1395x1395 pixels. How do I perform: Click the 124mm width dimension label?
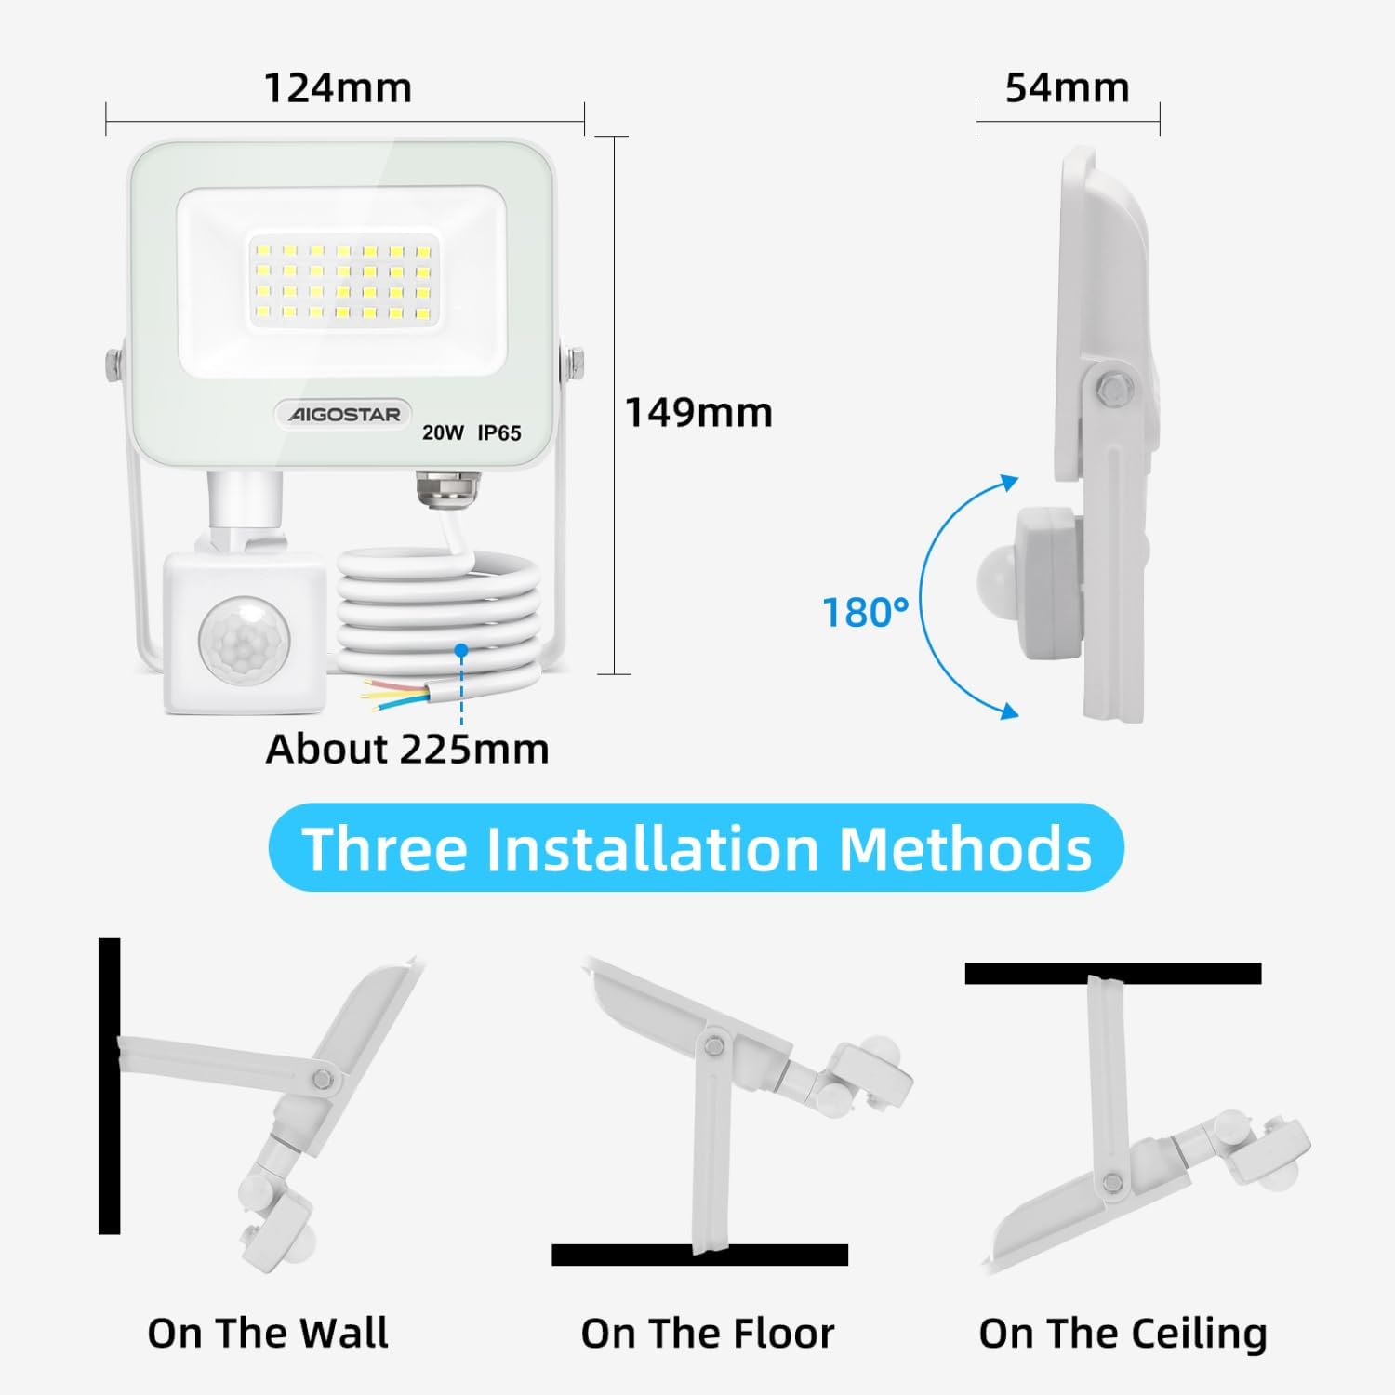(x=338, y=88)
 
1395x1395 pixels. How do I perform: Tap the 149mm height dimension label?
(x=698, y=413)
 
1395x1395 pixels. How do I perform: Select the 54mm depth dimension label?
(x=1067, y=88)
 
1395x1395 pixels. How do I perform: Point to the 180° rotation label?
(x=865, y=613)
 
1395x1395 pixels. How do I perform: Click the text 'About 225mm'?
(x=407, y=749)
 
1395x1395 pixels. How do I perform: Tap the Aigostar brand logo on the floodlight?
(x=343, y=414)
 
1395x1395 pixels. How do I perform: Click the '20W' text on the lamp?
(x=443, y=432)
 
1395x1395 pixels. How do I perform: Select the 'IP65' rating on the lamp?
(x=499, y=432)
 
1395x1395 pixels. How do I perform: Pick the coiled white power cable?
(x=437, y=609)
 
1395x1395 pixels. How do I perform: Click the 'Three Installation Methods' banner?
(x=697, y=847)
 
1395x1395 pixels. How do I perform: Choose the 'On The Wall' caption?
(x=268, y=1333)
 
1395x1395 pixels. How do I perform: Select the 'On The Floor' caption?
(x=708, y=1333)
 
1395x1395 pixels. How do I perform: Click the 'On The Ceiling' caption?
(x=1123, y=1334)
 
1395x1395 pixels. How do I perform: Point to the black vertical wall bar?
(x=110, y=1086)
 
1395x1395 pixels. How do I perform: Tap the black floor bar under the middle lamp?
(x=699, y=1255)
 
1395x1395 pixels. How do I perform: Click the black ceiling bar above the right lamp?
(x=1113, y=974)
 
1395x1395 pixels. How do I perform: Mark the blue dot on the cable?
(x=461, y=650)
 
